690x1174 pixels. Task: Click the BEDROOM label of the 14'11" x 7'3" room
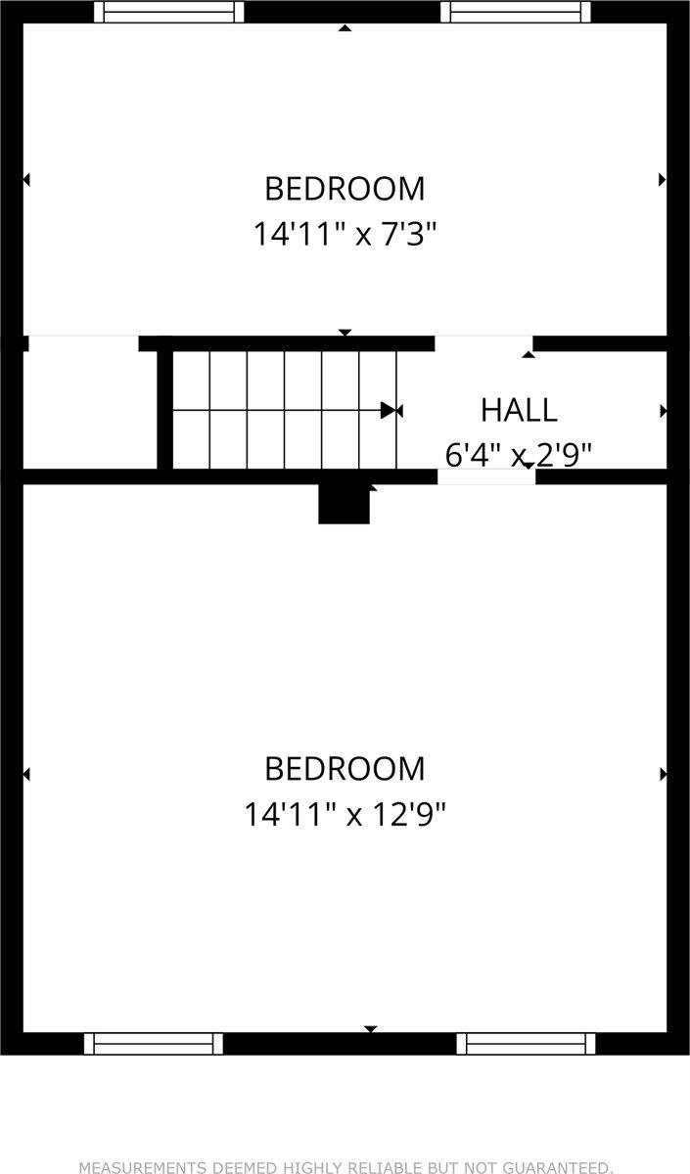pos(345,187)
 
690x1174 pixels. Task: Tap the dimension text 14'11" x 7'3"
pos(345,235)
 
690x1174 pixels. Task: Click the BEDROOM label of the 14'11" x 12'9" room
pos(345,768)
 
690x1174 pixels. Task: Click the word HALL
pos(519,410)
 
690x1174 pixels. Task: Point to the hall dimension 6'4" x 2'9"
pos(519,454)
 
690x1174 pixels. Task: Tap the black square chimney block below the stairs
pos(344,504)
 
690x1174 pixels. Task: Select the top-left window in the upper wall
pos(168,12)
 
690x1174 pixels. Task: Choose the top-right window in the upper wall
pos(516,12)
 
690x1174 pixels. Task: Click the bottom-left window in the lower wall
pos(154,1043)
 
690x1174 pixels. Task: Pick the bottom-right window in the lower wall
pos(526,1043)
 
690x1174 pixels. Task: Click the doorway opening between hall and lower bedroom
pos(485,476)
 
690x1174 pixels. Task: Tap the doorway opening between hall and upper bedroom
pos(483,342)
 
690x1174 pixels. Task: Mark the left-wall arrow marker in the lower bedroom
pos(26,774)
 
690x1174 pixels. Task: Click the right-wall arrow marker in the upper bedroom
pos(663,179)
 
